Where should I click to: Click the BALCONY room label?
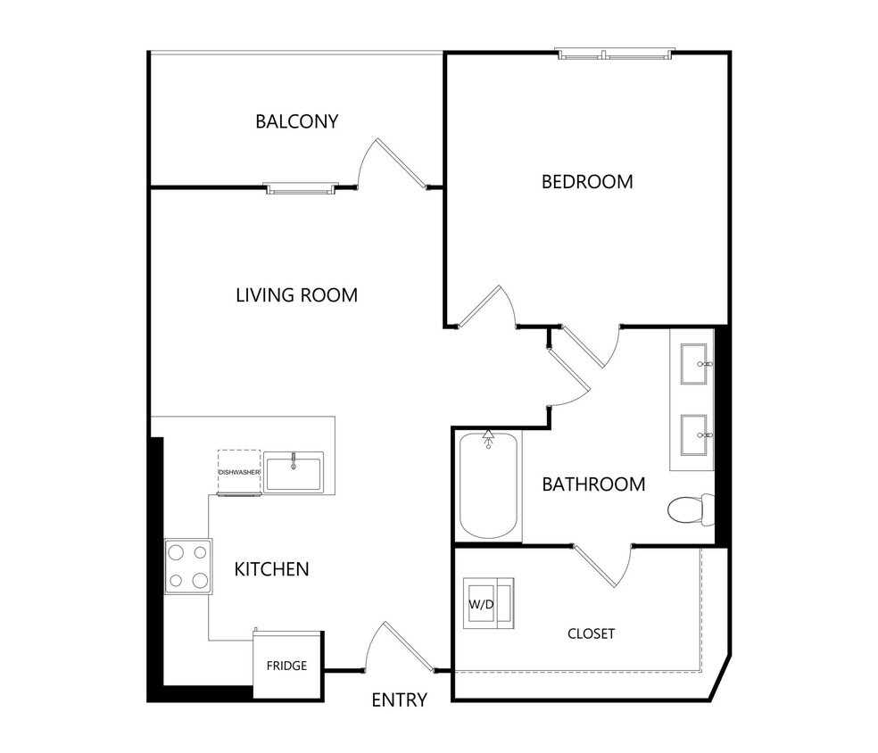click(296, 121)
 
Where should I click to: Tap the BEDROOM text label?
click(587, 182)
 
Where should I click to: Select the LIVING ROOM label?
click(296, 295)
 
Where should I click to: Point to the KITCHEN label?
click(271, 569)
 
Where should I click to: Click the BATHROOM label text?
click(593, 484)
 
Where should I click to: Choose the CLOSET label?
click(591, 633)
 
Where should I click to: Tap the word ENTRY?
click(399, 700)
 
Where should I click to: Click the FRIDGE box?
click(287, 666)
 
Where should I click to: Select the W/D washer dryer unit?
click(488, 604)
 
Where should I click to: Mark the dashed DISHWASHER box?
click(238, 471)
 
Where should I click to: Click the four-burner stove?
click(187, 567)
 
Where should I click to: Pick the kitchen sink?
click(294, 472)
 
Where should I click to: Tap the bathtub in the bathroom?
click(488, 485)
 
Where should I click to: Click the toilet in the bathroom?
click(690, 509)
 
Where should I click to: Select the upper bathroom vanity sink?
click(695, 365)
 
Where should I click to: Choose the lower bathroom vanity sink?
click(695, 435)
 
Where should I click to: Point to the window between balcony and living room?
click(301, 188)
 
